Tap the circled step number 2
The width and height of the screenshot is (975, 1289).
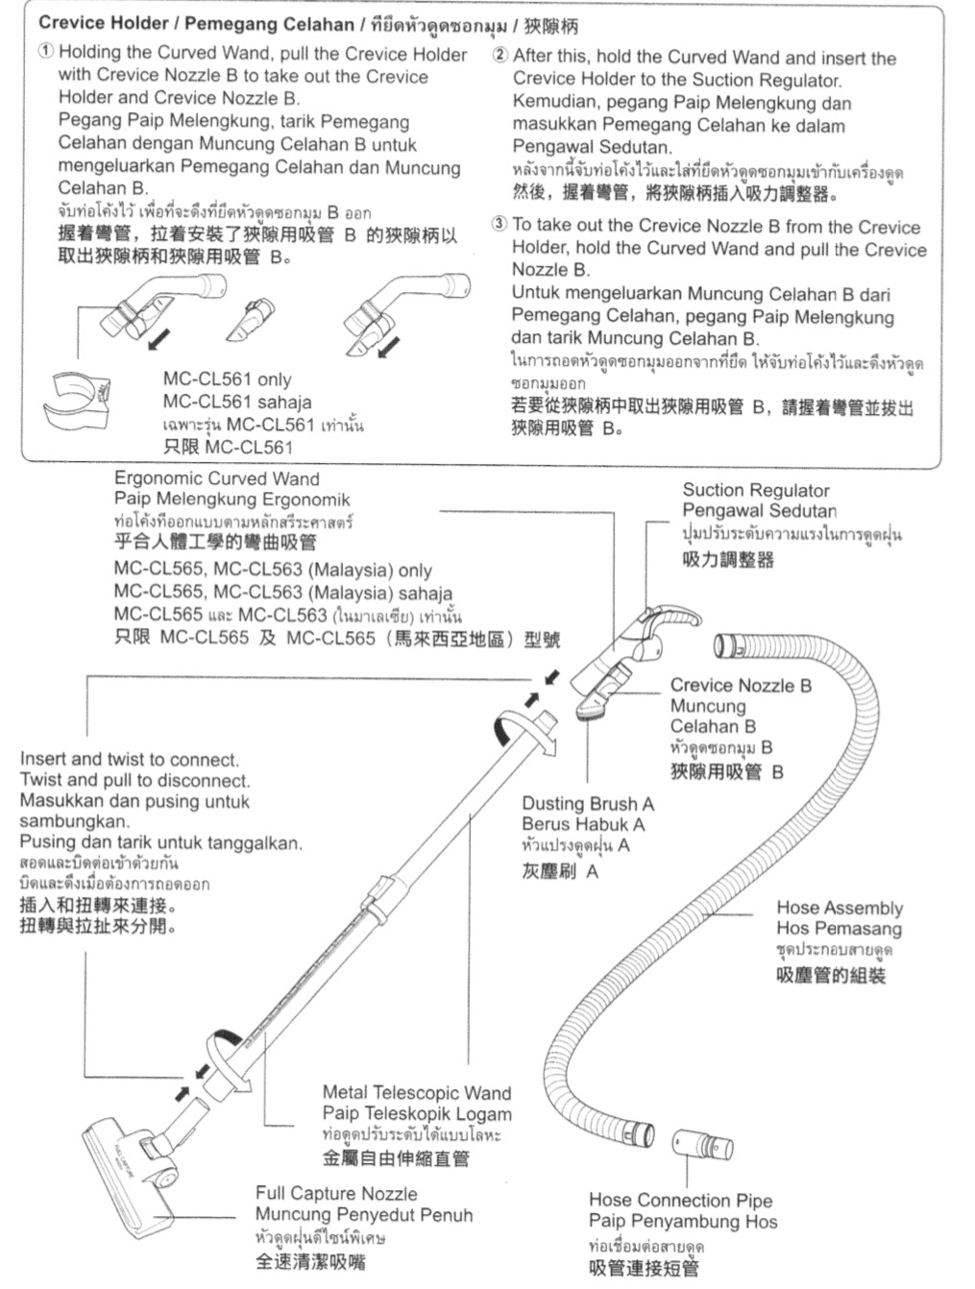[x=500, y=56]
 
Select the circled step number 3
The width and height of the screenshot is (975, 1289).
[x=500, y=225]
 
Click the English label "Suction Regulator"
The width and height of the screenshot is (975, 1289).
[x=755, y=490]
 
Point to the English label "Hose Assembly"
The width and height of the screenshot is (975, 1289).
[x=840, y=908]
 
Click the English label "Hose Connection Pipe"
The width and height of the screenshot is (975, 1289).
[x=680, y=1200]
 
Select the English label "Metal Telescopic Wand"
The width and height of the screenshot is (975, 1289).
[x=417, y=1092]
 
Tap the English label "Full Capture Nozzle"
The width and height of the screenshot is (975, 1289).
[x=336, y=1193]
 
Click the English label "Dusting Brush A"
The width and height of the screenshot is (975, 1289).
[x=588, y=803]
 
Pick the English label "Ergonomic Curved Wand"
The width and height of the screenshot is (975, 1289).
[x=216, y=478]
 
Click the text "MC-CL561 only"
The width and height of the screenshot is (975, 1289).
[x=227, y=379]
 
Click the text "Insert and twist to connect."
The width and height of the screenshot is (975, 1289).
[x=130, y=759]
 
